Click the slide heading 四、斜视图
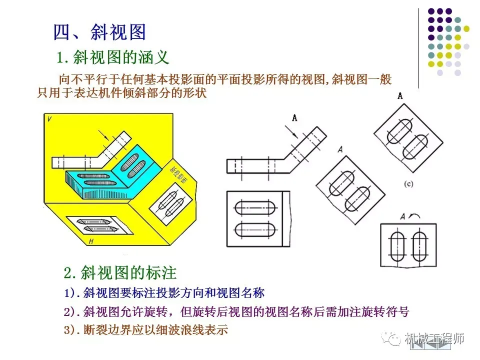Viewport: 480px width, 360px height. click(99, 32)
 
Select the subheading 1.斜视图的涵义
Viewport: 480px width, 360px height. click(113, 57)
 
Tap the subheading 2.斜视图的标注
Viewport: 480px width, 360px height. click(120, 273)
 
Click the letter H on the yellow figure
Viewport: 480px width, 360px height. click(91, 242)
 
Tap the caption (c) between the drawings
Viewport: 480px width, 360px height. click(408, 184)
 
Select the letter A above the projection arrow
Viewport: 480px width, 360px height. click(294, 118)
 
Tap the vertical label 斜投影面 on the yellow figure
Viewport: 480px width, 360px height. click(174, 172)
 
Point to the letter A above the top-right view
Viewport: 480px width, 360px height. click(400, 96)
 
